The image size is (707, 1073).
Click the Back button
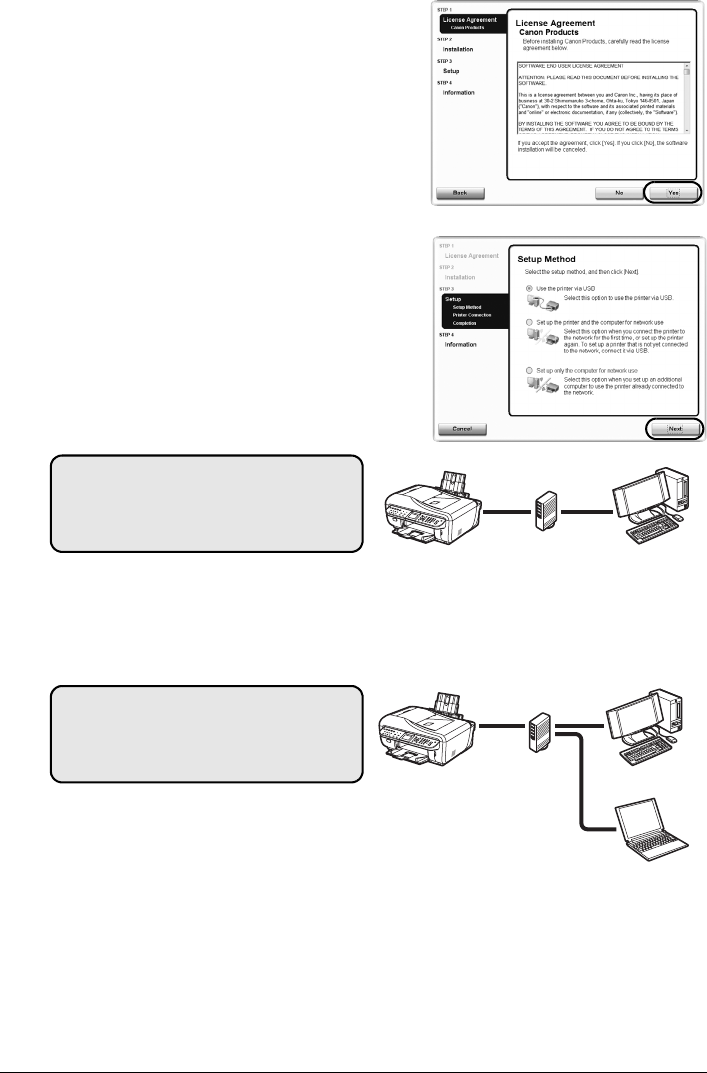point(460,192)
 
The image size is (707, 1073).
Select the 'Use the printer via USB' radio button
point(529,287)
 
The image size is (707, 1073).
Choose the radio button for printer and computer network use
point(529,322)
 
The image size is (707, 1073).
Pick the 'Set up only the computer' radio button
point(529,370)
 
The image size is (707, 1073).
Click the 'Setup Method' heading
point(546,258)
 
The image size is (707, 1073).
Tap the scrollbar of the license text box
point(686,98)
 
